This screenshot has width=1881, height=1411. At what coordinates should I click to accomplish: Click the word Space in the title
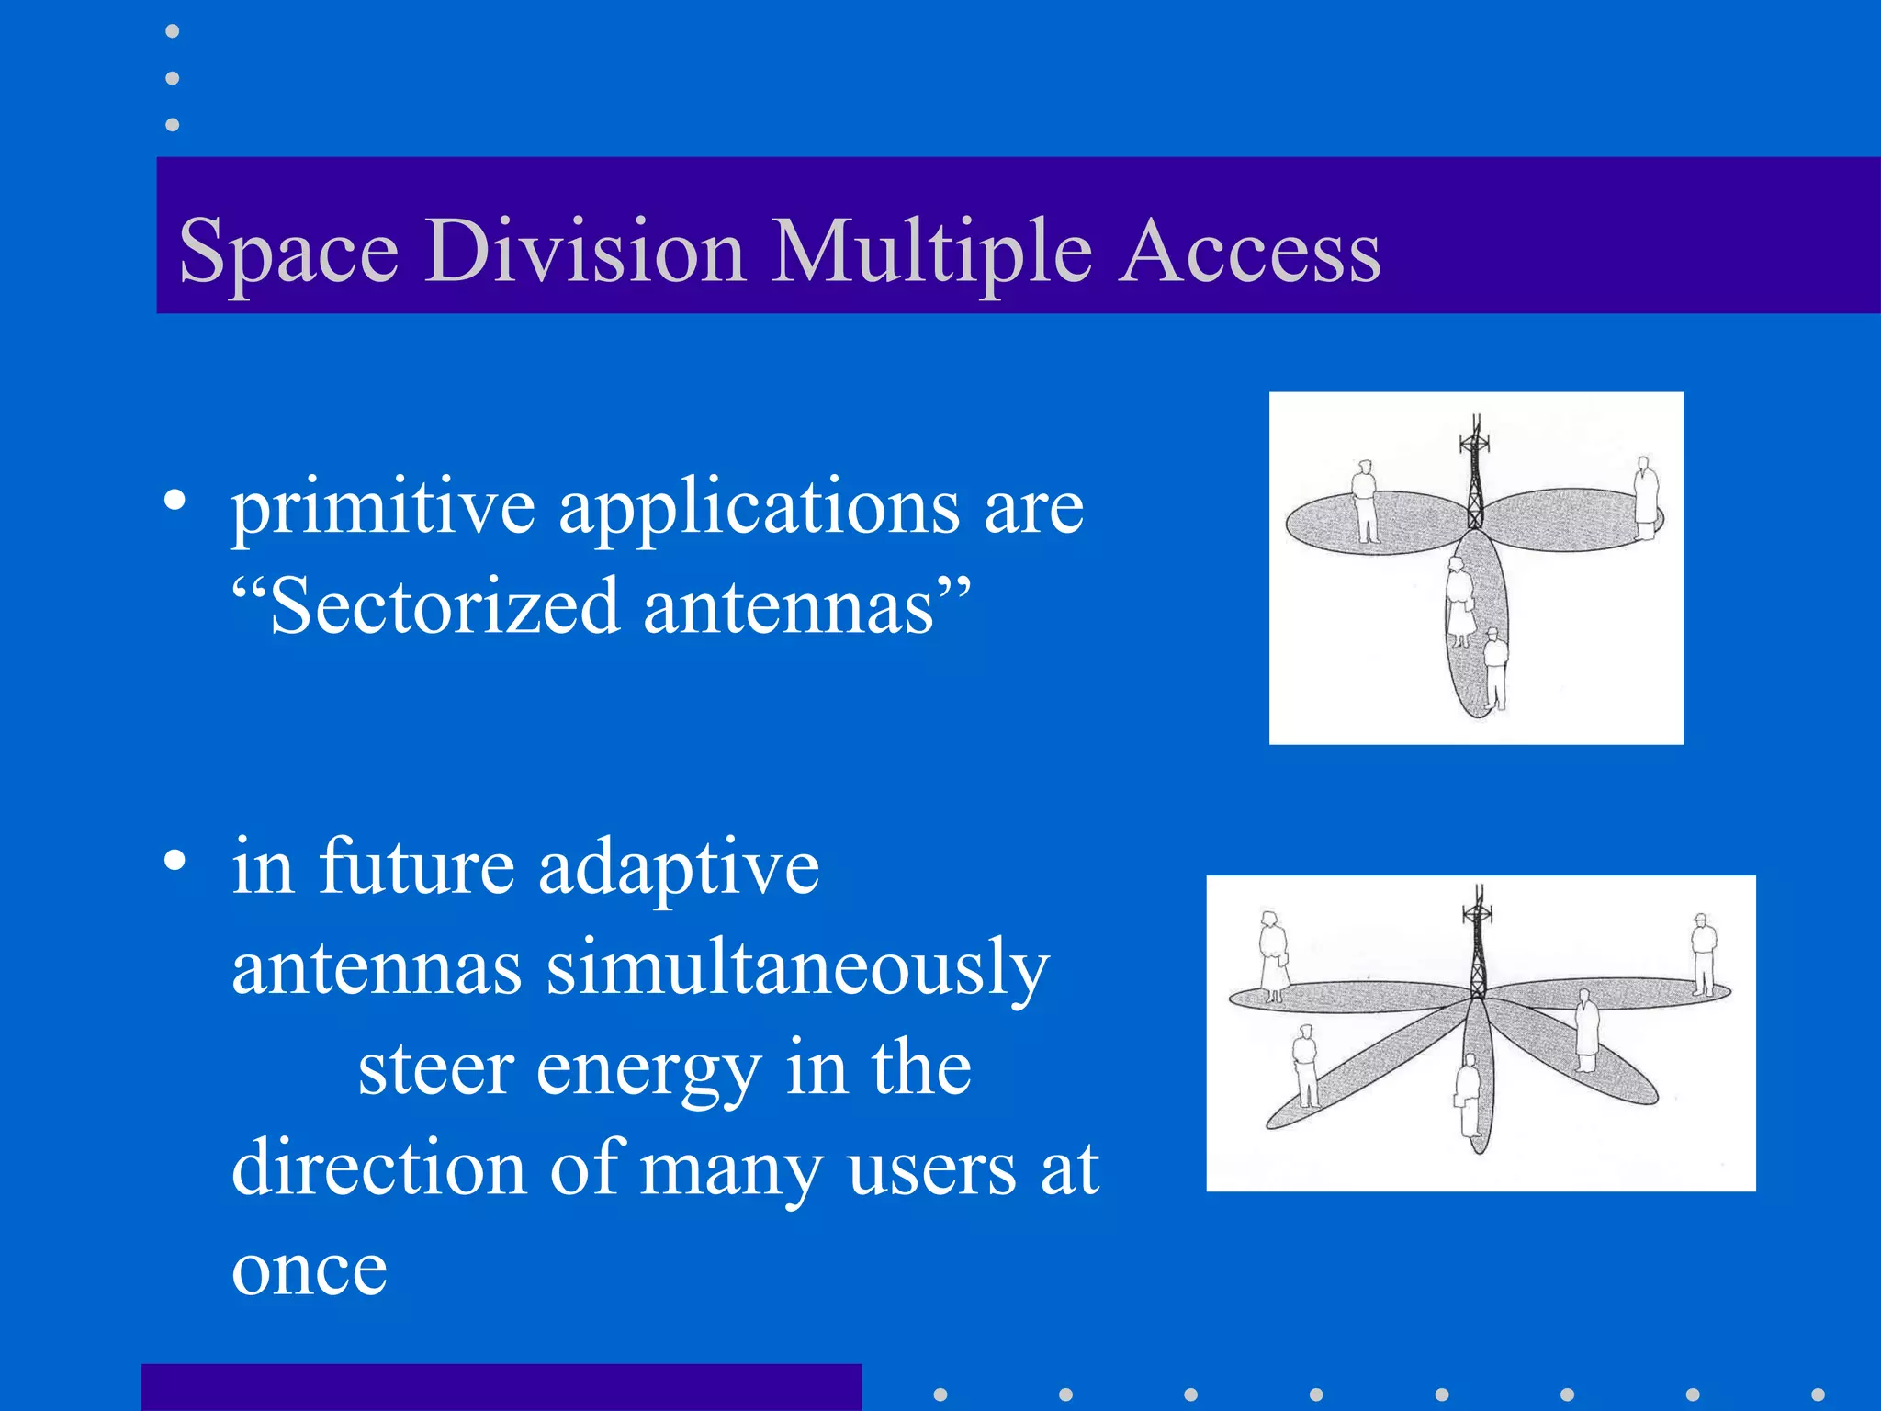(288, 251)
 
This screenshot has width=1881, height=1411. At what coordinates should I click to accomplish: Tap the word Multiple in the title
(931, 251)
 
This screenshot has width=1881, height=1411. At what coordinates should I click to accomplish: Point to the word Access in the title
(1250, 251)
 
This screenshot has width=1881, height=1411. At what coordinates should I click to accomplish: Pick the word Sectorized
(445, 607)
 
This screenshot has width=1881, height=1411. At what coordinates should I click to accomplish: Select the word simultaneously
(797, 969)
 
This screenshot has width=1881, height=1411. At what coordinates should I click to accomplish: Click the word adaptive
(679, 868)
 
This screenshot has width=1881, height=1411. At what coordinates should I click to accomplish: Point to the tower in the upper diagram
(1474, 473)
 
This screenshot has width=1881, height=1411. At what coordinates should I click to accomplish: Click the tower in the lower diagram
(1478, 942)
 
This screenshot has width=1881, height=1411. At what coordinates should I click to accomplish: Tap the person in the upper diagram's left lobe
(1366, 502)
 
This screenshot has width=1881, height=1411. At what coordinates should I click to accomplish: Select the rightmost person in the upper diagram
(1645, 497)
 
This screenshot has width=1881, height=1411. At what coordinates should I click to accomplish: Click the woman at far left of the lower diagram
(1273, 955)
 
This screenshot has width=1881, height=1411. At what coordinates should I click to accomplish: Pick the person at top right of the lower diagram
(1703, 954)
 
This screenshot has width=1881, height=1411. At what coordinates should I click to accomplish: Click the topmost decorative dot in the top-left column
(172, 31)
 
